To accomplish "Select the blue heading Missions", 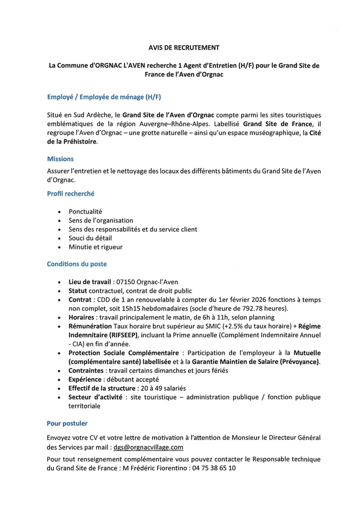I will tap(60, 159).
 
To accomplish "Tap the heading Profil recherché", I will tap(71, 193).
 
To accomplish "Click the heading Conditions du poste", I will tap(77, 264).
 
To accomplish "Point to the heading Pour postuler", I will tap(67, 424).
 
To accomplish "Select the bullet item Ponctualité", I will tap(86, 211).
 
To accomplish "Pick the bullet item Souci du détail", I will tap(90, 238).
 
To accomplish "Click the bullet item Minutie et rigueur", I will tap(95, 247).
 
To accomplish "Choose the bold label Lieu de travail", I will tap(90, 282).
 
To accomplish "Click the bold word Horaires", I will tap(82, 317).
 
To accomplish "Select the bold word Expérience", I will tap(86, 379).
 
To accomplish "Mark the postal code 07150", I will tap(126, 282).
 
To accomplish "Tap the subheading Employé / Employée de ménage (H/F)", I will tap(104, 96).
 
